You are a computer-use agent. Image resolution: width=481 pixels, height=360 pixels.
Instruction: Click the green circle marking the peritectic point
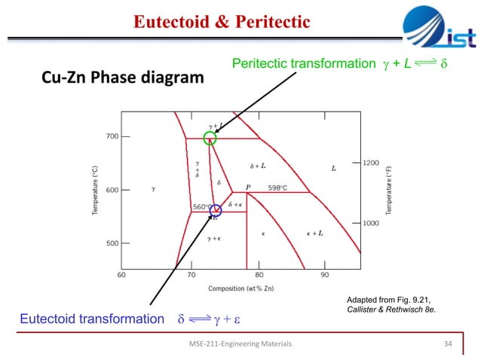pos(210,138)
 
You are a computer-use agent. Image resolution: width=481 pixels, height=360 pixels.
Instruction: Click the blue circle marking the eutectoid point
pos(216,211)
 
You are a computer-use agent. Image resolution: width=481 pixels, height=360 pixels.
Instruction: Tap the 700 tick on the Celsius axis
pos(112,137)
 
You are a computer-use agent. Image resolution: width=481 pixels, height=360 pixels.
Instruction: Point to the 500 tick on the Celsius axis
pos(112,243)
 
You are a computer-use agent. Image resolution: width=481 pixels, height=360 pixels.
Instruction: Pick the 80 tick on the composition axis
pos(259,275)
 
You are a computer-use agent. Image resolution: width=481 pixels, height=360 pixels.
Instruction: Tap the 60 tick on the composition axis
pos(121,275)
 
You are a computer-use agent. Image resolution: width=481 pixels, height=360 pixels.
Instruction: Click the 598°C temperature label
pos(278,188)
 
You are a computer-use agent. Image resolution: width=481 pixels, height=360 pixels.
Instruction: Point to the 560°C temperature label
pos(201,206)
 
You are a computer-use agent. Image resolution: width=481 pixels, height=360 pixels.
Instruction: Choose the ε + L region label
pos(314,233)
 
